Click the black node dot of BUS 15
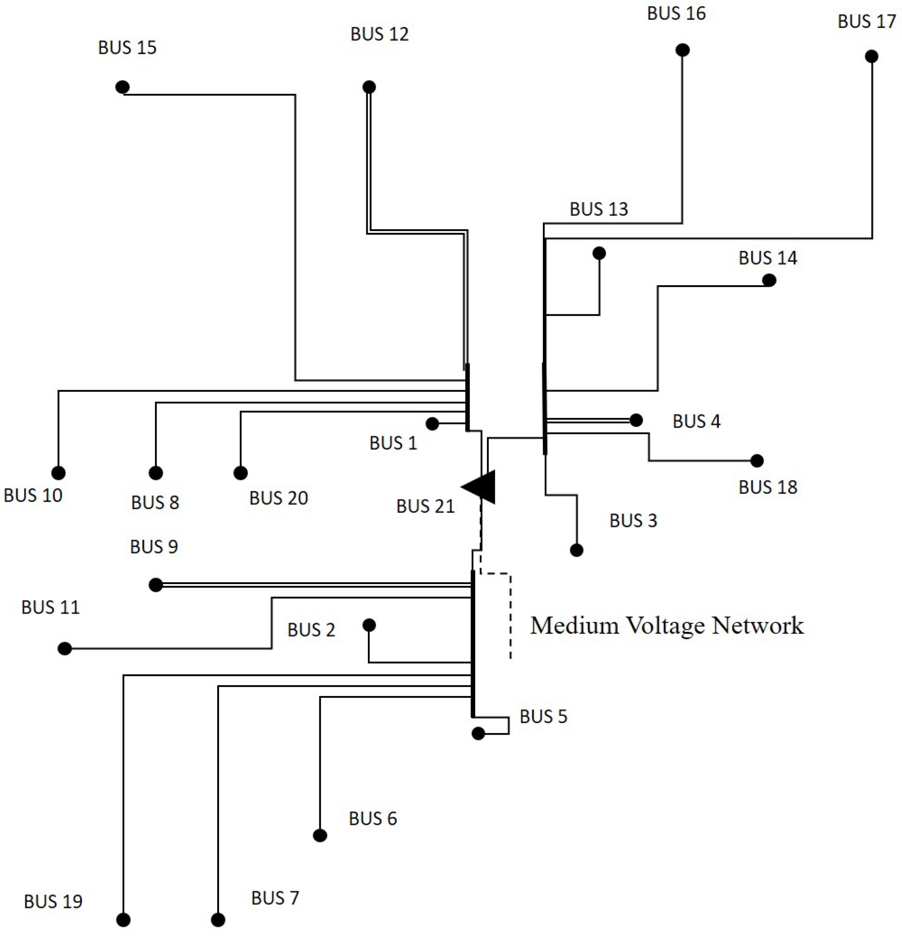(122, 87)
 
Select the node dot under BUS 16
(683, 50)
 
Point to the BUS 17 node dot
(871, 56)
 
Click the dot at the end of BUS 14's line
(769, 280)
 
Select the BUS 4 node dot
(636, 420)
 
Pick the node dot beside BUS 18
(757, 461)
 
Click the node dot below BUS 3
(576, 550)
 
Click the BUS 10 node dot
(58, 473)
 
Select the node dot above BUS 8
(156, 473)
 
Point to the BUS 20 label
(278, 498)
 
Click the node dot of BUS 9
(156, 585)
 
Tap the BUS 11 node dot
(64, 649)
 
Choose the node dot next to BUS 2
(369, 625)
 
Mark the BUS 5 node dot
(478, 733)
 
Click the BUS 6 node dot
(320, 835)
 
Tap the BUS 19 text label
(53, 902)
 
